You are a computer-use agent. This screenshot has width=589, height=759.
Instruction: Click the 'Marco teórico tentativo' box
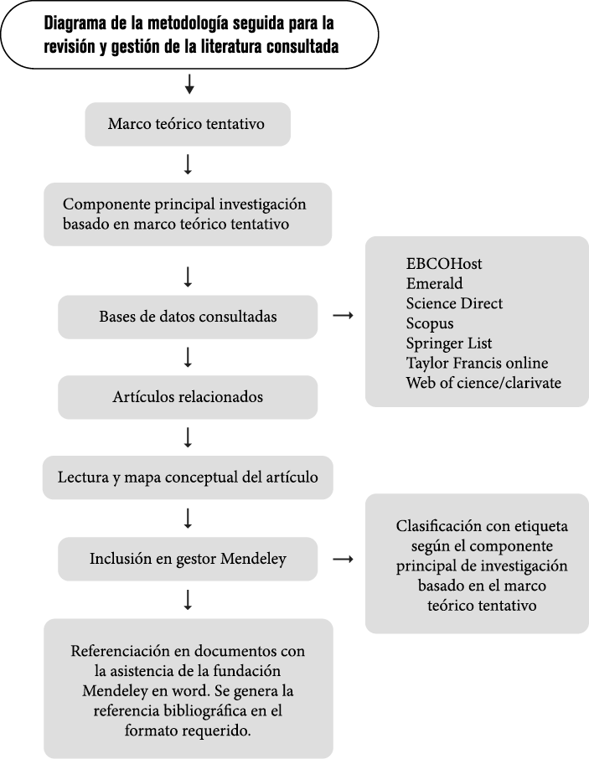pos(188,124)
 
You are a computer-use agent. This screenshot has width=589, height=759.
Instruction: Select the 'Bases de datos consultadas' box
pos(188,317)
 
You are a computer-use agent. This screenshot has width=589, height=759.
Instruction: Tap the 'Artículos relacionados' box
pos(188,397)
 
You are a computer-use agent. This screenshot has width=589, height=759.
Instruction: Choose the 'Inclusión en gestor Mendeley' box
pos(188,559)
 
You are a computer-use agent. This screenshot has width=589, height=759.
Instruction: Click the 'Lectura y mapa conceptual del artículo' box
pos(188,478)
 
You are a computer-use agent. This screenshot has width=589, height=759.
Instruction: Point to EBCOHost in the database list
pos(444,264)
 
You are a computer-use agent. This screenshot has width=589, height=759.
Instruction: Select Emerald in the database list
pos(434,284)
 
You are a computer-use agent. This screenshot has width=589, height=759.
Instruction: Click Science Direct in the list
pos(454,303)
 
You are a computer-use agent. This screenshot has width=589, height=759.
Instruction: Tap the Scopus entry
pos(430,324)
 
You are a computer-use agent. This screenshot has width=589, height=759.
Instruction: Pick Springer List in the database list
pos(448,343)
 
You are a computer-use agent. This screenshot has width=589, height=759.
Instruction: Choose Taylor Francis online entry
pos(478,363)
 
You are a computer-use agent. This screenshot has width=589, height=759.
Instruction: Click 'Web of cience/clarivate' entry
pos(483,383)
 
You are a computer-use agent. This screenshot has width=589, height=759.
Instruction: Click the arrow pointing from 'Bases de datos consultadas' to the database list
pos(344,316)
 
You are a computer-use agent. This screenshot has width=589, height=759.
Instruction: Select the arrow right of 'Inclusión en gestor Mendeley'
pos(344,559)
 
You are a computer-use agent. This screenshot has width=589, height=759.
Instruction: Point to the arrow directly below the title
pos(189,84)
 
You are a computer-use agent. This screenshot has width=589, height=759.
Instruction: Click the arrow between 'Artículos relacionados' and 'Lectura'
pos(188,437)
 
